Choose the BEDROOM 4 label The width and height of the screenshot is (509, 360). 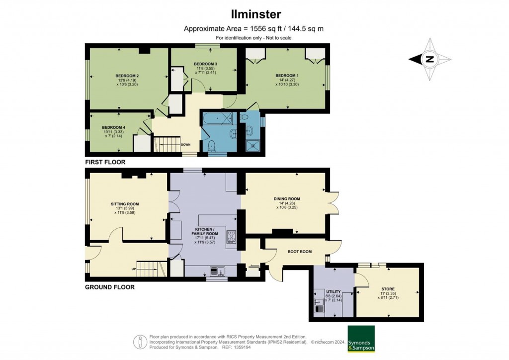click(113, 127)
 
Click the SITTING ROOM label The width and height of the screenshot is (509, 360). click(125, 204)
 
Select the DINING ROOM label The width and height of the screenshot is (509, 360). click(287, 199)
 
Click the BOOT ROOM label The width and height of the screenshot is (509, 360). click(300, 252)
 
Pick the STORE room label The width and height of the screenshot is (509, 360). click(388, 289)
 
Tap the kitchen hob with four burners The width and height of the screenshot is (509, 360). click(232, 238)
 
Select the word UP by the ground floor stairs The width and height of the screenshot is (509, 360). click(134, 270)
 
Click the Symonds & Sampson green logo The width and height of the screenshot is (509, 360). click(361, 339)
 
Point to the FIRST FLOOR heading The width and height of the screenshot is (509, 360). click(105, 162)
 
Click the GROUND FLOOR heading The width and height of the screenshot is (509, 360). click(109, 287)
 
